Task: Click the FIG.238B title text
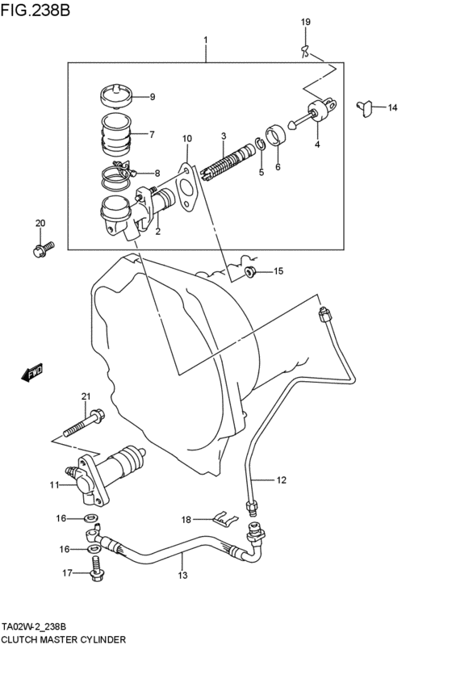tap(35, 10)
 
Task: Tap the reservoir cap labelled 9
tap(115, 95)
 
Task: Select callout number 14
tap(392, 107)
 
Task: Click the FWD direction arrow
tap(32, 372)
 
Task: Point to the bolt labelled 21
tap(85, 423)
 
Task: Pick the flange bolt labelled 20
tap(43, 249)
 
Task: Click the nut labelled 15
tap(250, 271)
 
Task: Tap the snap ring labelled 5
tap(259, 145)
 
